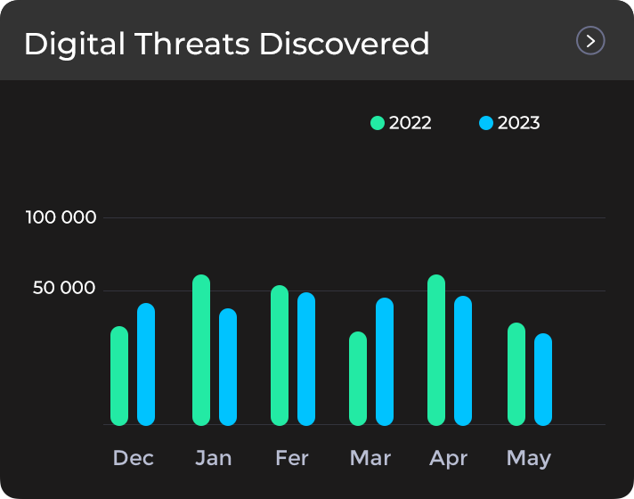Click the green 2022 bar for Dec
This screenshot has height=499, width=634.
[119, 376]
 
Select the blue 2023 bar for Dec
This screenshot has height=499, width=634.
[146, 364]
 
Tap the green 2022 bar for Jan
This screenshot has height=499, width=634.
[201, 350]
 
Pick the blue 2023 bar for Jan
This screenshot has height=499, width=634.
[228, 367]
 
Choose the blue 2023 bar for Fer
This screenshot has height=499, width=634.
[306, 359]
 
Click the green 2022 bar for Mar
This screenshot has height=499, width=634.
[358, 379]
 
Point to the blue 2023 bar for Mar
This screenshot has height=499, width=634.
[385, 362]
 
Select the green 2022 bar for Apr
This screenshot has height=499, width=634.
[436, 350]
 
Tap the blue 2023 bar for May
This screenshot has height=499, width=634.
[543, 380]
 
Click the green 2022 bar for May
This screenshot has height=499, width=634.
[516, 374]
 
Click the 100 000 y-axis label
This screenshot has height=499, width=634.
[61, 217]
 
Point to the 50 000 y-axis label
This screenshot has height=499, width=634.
[65, 288]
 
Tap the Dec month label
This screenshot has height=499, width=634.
[134, 458]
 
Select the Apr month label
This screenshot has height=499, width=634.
[449, 458]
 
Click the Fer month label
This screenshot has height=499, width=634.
[292, 458]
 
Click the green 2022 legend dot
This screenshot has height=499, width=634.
[378, 123]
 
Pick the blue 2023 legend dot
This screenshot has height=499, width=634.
[486, 123]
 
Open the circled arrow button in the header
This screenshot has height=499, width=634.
[590, 41]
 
